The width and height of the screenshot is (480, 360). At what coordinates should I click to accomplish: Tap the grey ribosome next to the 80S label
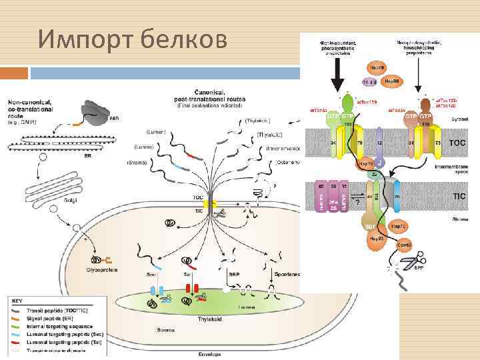point(93,114)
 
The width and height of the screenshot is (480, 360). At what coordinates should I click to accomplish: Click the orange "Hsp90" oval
point(393,81)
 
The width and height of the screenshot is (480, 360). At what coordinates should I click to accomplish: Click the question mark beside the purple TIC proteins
point(359,201)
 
